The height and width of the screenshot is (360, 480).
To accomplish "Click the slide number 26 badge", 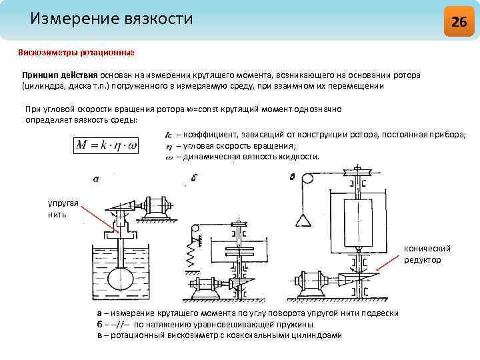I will click(x=459, y=21).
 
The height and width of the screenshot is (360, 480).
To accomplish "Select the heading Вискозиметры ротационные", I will click(x=76, y=52).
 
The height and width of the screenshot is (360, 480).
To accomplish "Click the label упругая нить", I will click(x=61, y=209).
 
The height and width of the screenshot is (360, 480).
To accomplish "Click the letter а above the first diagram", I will click(x=96, y=179).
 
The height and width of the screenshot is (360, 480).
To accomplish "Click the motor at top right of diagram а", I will click(x=158, y=205).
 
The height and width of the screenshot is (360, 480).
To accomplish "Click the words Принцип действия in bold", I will click(x=60, y=75).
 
